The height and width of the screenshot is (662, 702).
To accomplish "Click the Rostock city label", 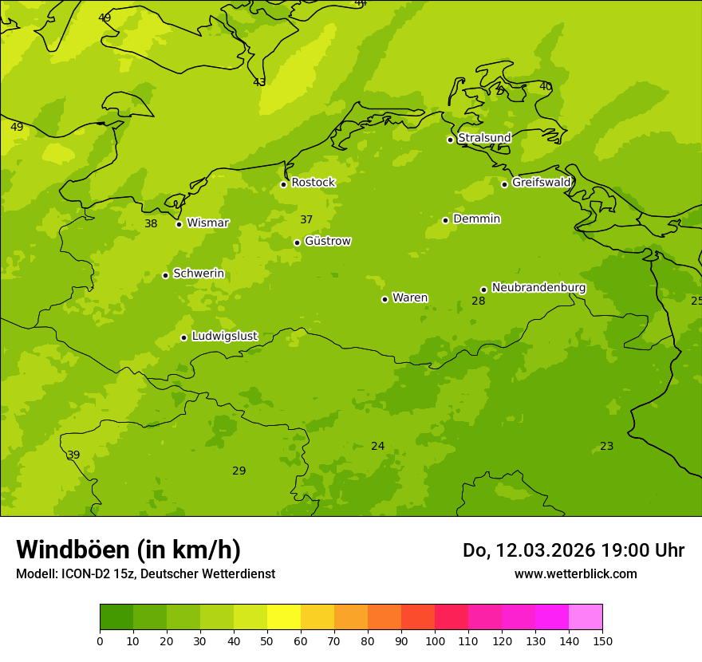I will coord(313,183).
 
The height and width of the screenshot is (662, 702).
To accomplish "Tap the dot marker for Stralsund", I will coord(450,140).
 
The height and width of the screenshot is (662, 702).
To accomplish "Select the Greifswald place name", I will coord(541,183).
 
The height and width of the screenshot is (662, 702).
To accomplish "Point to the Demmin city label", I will coord(476,219).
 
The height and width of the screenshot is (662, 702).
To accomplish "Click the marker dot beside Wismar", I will coord(179,224).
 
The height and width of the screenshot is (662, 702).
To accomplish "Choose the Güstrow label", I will coord(327,241).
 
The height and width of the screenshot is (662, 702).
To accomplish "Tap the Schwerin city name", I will coord(199,274).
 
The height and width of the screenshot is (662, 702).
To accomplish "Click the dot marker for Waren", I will coord(385,299).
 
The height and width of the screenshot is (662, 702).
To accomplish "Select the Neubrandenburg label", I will coord(538,288).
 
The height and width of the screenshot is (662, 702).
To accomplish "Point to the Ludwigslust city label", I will coord(224,337).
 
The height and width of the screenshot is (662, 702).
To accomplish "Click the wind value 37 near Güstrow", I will coord(306,219).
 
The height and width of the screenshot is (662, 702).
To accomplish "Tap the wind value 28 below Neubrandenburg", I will coord(479,301).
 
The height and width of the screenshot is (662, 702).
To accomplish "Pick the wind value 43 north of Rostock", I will coord(259,82).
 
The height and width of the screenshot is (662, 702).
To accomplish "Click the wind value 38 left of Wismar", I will coord(151,224).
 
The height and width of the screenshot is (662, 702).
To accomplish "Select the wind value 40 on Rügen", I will coord(546,86).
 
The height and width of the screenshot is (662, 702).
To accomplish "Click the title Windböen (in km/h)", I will coord(128,550).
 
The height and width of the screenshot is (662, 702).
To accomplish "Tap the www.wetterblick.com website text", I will coord(575,573).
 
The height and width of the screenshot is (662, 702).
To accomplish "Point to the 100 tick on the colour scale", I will coord(435,640).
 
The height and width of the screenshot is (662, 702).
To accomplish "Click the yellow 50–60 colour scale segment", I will coord(284,617).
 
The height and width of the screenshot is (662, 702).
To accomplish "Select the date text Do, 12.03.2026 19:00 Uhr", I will coord(573,550).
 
